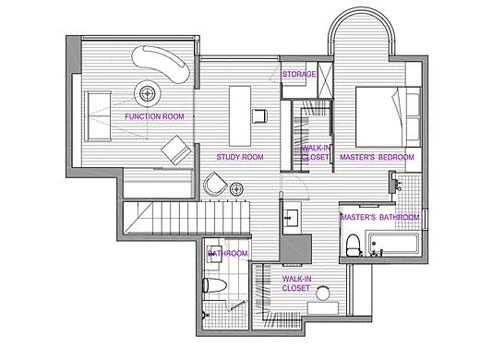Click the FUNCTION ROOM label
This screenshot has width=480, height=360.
point(154,116)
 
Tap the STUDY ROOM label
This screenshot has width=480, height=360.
point(240,157)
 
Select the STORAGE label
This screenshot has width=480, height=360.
point(299,74)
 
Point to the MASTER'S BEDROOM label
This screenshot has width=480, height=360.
point(377,157)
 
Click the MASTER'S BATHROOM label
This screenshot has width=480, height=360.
point(380,217)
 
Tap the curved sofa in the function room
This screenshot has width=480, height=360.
point(161,64)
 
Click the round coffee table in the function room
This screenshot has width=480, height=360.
point(148,93)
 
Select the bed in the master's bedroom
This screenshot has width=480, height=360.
point(389,117)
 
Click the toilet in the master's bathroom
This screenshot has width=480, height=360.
point(353,245)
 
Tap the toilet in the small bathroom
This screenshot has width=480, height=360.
point(215,285)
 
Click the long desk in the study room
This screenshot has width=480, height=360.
point(240,116)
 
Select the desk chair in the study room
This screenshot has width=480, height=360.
point(259,116)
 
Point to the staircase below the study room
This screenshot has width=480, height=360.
point(186,217)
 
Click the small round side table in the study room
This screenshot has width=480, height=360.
point(236,189)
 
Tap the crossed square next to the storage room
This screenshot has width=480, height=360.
point(325,80)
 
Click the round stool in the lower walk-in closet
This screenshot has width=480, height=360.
point(323,293)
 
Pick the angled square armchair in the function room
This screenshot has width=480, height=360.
point(176,150)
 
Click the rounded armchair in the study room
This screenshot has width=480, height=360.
point(215,184)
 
